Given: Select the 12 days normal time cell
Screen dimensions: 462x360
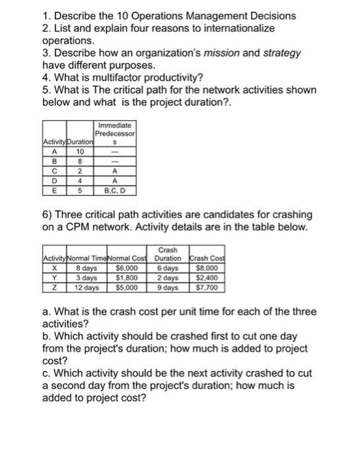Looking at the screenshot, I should click(x=86, y=288).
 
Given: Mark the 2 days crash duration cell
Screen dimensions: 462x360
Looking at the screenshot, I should click(x=167, y=279).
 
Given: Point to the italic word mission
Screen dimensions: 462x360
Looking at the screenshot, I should click(x=244, y=53).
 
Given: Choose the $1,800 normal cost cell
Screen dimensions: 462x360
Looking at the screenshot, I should click(x=127, y=279).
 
